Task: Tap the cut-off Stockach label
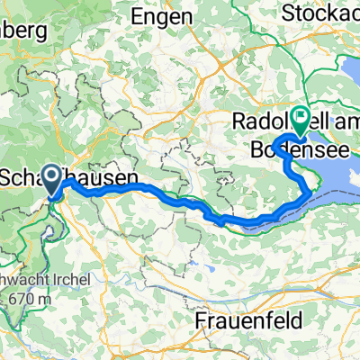click(x=319, y=13)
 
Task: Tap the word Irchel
click(x=67, y=279)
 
